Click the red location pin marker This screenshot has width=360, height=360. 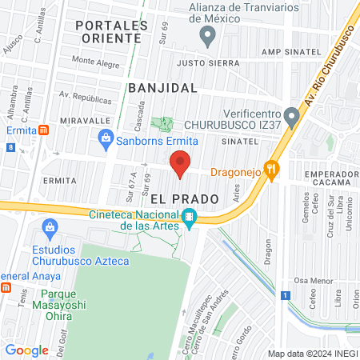coord(180,163)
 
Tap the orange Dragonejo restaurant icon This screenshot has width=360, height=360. coord(273,169)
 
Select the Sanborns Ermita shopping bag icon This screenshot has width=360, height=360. coord(106,139)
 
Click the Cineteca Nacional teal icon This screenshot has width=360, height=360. coord(189,216)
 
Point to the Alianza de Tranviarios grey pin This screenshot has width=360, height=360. coord(208,34)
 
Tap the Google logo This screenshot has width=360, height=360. coord(26,350)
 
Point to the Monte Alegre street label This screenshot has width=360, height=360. coord(95,60)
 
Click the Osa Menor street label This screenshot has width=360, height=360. coord(311,280)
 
